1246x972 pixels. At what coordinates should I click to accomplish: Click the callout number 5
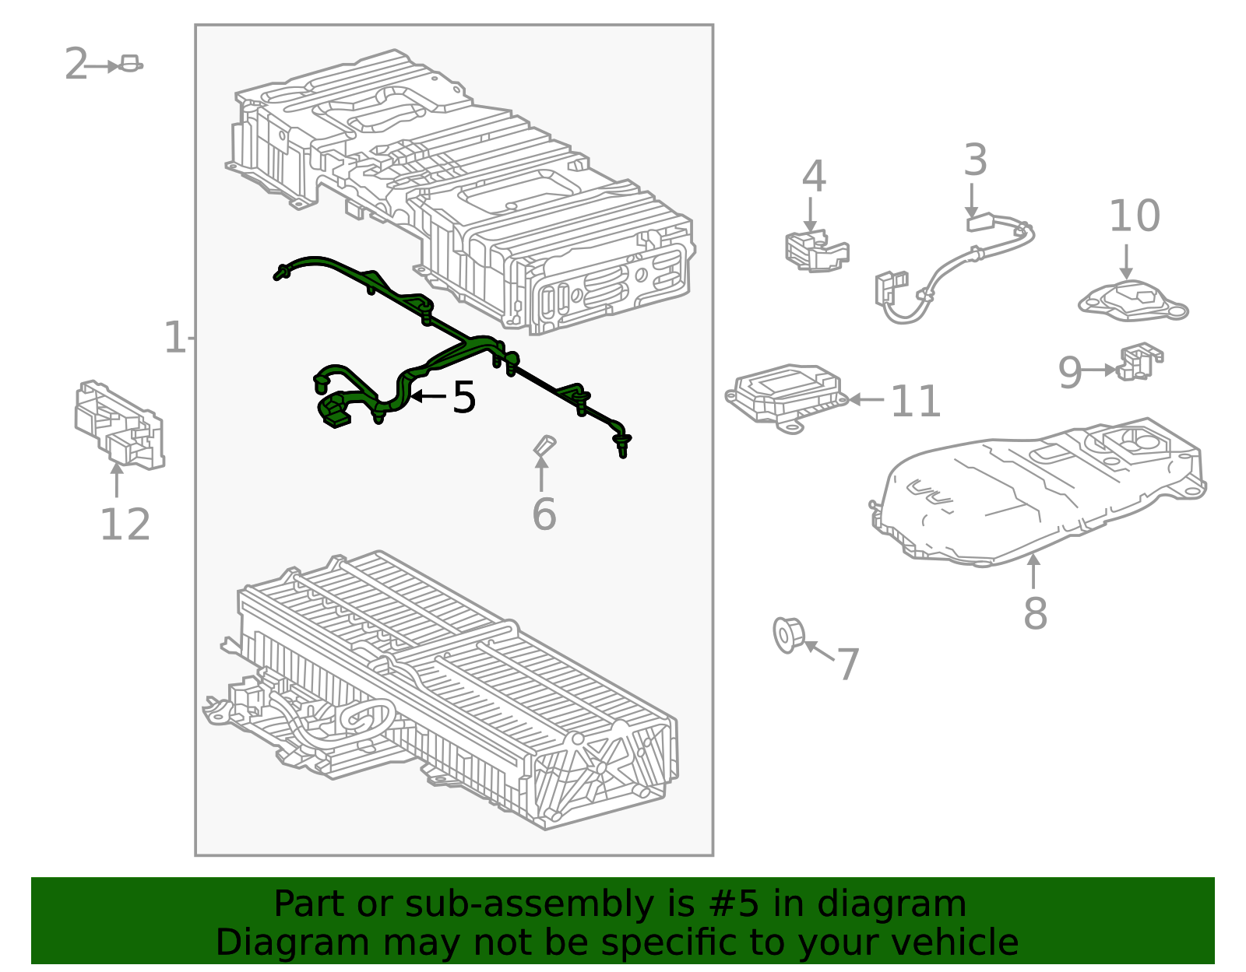click(464, 398)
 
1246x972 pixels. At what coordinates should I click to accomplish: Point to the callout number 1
click(174, 338)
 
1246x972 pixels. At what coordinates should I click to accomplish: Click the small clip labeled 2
click(130, 65)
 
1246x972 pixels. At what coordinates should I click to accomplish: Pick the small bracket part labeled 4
click(815, 250)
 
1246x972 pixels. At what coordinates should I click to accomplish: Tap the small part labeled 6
click(544, 446)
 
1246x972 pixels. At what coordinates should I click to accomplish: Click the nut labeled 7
click(787, 634)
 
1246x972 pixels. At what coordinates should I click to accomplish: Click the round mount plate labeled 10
click(1133, 301)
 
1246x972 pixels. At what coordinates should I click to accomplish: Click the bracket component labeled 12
click(119, 426)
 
